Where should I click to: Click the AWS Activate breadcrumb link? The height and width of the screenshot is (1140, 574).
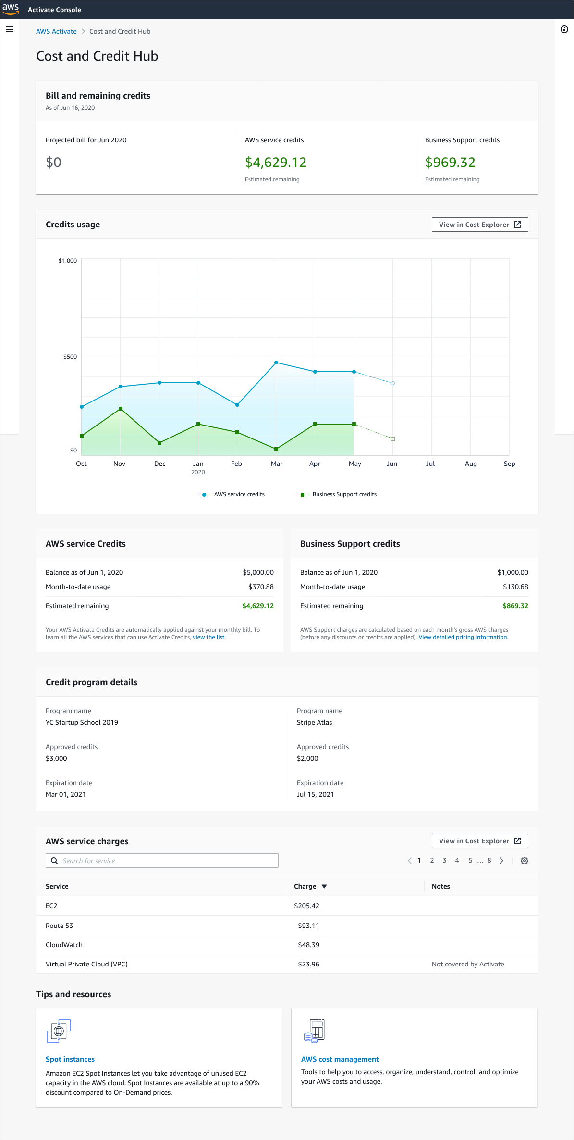(56, 31)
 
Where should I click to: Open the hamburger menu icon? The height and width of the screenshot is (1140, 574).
(9, 29)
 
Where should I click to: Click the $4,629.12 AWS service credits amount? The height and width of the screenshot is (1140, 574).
(276, 163)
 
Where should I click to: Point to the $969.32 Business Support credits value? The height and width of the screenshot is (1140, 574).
(450, 163)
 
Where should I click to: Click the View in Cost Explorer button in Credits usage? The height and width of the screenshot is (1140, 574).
(479, 225)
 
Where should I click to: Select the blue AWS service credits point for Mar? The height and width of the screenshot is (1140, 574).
(276, 363)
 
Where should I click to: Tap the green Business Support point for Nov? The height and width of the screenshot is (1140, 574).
(121, 409)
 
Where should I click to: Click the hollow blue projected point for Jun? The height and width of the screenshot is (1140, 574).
(393, 383)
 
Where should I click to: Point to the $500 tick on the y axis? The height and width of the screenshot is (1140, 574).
(70, 357)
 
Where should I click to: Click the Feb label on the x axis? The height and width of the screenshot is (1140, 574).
(236, 464)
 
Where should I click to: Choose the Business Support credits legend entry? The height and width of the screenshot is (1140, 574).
(344, 494)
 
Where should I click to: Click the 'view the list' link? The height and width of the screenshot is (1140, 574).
(208, 637)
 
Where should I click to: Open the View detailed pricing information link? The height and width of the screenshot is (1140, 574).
(463, 637)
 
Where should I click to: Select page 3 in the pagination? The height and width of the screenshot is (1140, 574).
(444, 861)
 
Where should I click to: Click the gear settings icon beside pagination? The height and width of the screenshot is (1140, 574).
(525, 861)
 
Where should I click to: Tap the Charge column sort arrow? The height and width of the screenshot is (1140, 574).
(324, 886)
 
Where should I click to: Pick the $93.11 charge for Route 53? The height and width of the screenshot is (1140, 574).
(308, 926)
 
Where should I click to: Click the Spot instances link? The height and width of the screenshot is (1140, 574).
(70, 1059)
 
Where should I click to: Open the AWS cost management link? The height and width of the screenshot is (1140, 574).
(340, 1059)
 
